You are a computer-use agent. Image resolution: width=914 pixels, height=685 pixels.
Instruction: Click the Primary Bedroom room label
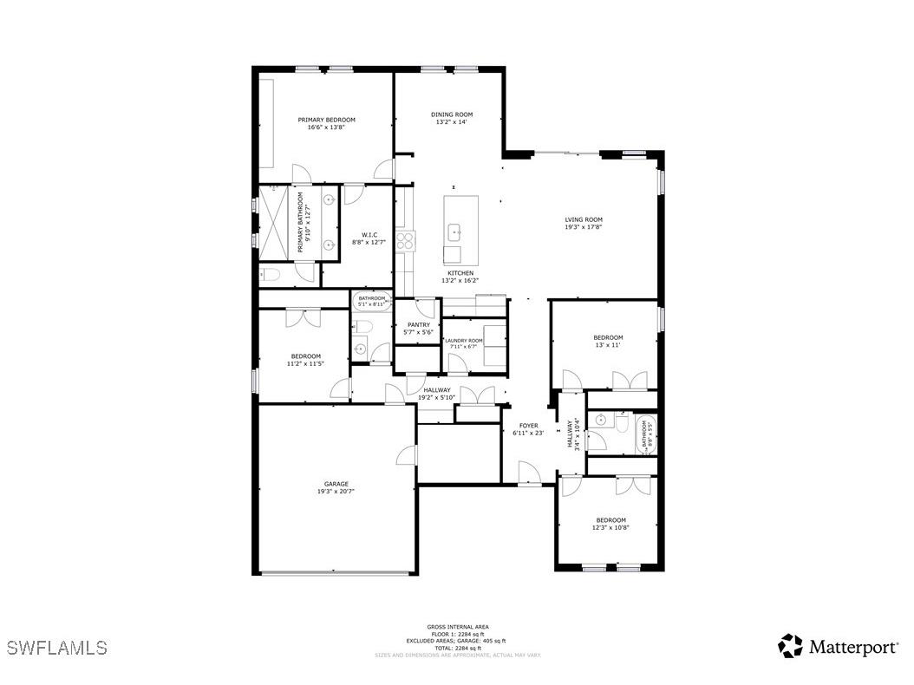tap(326, 120)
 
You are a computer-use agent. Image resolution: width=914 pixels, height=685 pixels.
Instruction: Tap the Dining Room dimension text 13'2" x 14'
tap(452, 122)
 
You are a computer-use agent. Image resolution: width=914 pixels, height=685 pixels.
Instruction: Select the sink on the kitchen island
tap(454, 232)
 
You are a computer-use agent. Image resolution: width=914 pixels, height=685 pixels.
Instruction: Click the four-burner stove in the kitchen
tap(404, 239)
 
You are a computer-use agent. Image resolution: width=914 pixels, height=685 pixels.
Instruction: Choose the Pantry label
tap(418, 325)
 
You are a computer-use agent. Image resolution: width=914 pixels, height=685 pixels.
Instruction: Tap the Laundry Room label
tap(463, 341)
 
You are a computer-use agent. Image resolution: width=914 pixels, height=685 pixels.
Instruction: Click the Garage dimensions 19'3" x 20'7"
tap(336, 491)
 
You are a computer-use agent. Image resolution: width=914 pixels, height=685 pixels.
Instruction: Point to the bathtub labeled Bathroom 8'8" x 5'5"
tap(646, 434)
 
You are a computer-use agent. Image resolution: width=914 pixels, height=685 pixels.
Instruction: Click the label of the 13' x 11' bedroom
tap(608, 337)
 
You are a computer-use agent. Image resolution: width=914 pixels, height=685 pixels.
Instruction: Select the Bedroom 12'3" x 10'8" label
tap(610, 520)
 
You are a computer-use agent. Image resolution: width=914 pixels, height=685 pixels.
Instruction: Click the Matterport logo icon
tap(790, 646)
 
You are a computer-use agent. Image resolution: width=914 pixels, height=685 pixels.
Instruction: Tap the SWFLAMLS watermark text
tap(56, 648)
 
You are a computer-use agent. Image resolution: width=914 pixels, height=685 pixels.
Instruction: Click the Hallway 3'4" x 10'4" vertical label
tap(572, 434)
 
